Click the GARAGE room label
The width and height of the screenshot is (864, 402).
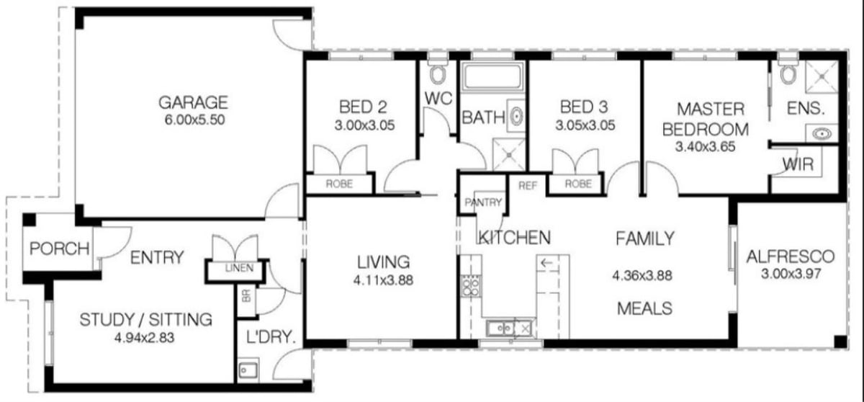pyautogui.click(x=193, y=102)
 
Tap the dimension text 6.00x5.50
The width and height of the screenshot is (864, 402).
pyautogui.click(x=193, y=120)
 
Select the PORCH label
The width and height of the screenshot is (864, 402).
pyautogui.click(x=59, y=249)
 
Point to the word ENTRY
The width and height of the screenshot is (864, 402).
pyautogui.click(x=157, y=257)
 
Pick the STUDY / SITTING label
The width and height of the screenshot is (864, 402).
pyautogui.click(x=145, y=318)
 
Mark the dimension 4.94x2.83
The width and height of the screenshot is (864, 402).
pyautogui.click(x=145, y=336)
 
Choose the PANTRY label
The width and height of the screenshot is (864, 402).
pyautogui.click(x=482, y=203)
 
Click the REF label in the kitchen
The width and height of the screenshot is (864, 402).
pyautogui.click(x=528, y=185)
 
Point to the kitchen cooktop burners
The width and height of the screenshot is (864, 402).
pyautogui.click(x=471, y=286)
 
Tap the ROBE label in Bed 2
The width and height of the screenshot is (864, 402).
pyautogui.click(x=339, y=184)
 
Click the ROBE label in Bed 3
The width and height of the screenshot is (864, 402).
pyautogui.click(x=577, y=184)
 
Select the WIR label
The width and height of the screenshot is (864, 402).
pyautogui.click(x=800, y=164)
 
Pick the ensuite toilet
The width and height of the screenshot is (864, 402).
pyautogui.click(x=786, y=73)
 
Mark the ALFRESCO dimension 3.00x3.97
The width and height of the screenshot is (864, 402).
pyautogui.click(x=791, y=274)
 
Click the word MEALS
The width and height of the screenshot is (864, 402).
pyautogui.click(x=645, y=308)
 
